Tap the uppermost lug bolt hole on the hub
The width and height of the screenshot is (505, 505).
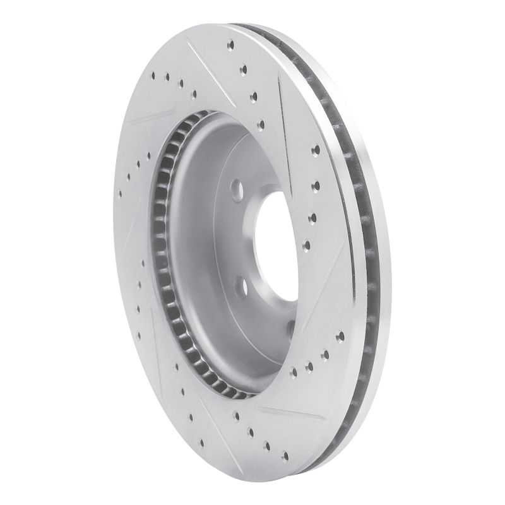coord(237,188)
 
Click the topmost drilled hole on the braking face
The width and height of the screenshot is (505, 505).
coord(231,45)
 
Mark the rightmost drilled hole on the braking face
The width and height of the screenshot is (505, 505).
coord(340,337)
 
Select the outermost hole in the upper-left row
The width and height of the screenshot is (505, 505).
coord(153,74)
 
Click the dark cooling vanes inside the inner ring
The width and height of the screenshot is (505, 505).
coord(160,252)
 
